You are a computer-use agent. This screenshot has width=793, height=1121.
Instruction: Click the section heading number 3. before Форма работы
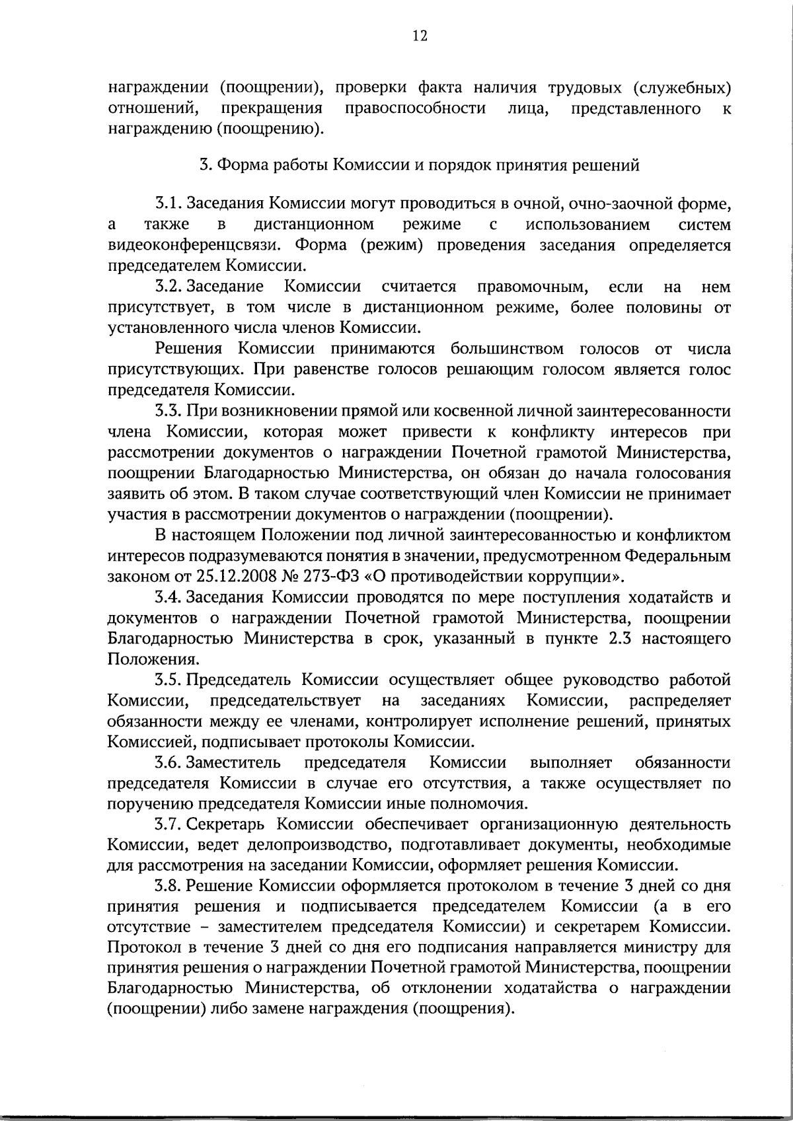pyautogui.click(x=206, y=165)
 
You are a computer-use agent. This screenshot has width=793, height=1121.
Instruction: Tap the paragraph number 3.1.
pyautogui.click(x=169, y=204)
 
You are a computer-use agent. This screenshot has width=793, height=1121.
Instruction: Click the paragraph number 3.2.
pyautogui.click(x=169, y=287)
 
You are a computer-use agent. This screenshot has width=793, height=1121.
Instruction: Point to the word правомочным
pyautogui.click(x=533, y=287)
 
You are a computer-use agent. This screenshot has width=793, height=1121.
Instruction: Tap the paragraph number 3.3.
pyautogui.click(x=169, y=411)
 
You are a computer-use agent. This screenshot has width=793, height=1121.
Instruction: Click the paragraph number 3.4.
pyautogui.click(x=169, y=598)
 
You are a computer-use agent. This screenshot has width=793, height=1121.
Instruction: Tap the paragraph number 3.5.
pyautogui.click(x=169, y=680)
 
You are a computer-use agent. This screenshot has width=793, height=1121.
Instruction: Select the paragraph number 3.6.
pyautogui.click(x=169, y=763)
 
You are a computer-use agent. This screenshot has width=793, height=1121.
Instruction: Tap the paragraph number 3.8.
pyautogui.click(x=169, y=886)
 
